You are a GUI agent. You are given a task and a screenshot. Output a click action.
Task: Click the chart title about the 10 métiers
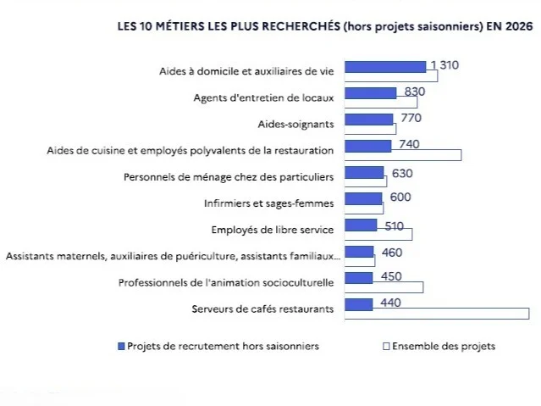[x=325, y=26]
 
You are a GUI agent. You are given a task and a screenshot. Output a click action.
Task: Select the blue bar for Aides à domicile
[x=385, y=67]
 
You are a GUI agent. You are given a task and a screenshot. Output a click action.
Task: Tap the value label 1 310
[x=444, y=65]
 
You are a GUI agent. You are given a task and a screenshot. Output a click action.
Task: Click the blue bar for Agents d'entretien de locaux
[x=371, y=93]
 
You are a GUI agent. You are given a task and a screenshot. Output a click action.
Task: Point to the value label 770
[x=411, y=118]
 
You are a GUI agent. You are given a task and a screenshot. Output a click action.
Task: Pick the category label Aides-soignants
[x=295, y=125]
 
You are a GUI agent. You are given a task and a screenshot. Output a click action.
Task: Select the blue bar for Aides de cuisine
[x=368, y=146]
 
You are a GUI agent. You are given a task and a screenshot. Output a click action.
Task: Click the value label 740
[x=409, y=144]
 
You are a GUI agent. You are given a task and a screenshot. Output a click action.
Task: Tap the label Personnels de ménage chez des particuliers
[x=229, y=177]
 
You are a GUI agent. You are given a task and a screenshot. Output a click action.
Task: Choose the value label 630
[x=402, y=173]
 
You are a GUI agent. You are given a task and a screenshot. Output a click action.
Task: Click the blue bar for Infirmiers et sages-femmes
[x=363, y=198]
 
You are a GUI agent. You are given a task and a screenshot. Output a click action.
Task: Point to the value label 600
[x=400, y=197]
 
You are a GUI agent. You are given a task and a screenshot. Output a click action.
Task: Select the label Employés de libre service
[x=273, y=230]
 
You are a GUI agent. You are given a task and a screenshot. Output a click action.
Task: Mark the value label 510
[x=394, y=226]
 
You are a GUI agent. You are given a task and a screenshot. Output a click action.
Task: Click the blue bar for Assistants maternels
[x=359, y=252]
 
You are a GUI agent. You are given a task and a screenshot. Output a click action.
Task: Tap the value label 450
[x=391, y=276]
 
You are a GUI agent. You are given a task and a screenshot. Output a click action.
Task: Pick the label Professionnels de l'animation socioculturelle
[x=226, y=282]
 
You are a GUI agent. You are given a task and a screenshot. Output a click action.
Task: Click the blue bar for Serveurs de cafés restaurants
[x=359, y=304]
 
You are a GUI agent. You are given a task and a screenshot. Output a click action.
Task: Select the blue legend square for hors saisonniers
[x=121, y=346]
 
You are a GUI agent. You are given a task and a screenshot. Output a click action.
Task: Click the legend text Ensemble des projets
[x=444, y=346]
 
